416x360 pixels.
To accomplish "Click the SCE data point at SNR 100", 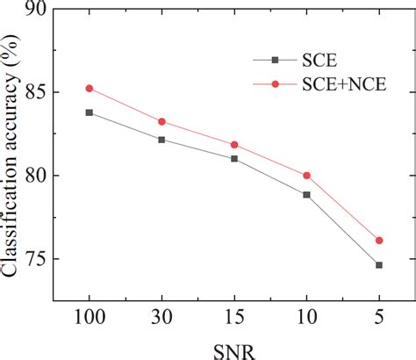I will [89, 112].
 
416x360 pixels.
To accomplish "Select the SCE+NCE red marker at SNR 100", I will [89, 88].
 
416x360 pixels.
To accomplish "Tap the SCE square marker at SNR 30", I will [161, 140].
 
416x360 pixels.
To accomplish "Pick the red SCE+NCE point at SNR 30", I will [161, 121].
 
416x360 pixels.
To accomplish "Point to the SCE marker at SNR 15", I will [234, 159].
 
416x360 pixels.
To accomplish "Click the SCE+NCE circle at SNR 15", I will [234, 144].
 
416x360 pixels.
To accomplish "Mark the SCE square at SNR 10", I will [306, 194].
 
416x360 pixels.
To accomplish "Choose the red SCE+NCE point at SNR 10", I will [306, 176].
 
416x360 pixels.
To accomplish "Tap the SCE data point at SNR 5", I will [379, 265].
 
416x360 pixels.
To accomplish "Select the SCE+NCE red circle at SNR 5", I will [379, 240].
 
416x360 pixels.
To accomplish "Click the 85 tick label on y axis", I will [34, 92].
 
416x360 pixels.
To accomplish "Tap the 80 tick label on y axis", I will [34, 176].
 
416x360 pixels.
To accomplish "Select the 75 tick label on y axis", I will [34, 260].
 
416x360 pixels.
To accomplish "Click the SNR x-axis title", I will [233, 349].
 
